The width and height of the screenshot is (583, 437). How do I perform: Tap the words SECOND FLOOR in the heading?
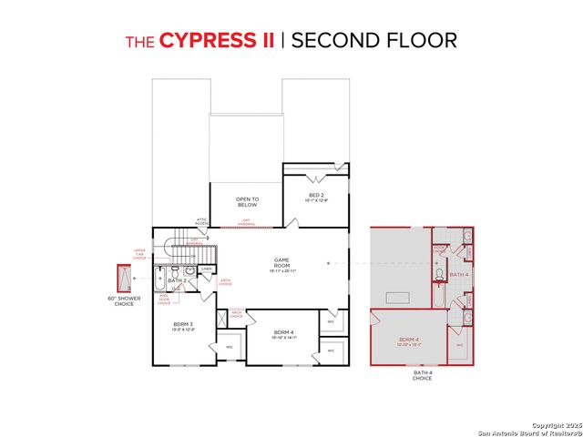click(374, 40)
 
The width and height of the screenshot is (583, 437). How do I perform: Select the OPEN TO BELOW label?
click(247, 201)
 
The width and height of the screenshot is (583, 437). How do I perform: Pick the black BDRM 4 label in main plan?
click(285, 334)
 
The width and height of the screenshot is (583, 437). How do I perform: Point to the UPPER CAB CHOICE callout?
click(139, 253)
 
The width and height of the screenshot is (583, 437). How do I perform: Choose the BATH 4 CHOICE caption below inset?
click(422, 375)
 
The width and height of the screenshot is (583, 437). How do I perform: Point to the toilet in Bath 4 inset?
click(439, 273)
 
